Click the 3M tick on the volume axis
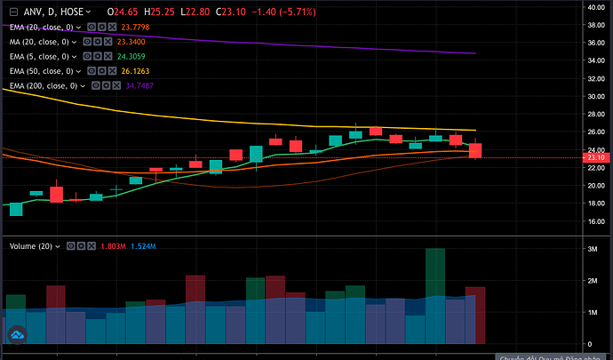click(588, 251)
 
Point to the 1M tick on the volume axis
click(588, 313)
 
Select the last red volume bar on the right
click(475, 316)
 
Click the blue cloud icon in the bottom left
click(15, 335)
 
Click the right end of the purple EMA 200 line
click(474, 53)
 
